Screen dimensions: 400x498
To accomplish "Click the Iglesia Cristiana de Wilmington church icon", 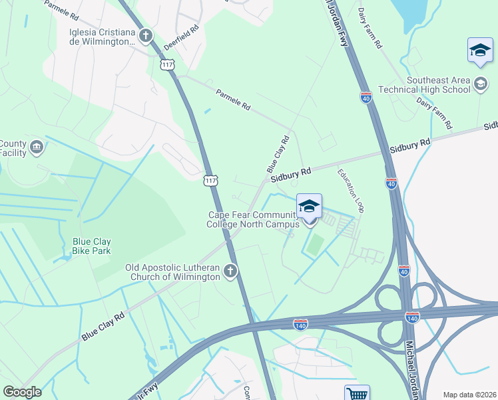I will point(146,36).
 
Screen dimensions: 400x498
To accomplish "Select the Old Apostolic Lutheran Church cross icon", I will point(230,271).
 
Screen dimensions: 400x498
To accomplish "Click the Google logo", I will point(22,391).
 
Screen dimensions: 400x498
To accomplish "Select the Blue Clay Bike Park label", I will point(92,246).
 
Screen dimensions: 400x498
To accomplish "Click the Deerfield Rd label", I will point(181,39).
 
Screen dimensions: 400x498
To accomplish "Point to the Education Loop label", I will point(350,191).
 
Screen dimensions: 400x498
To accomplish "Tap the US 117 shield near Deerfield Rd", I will point(166,63).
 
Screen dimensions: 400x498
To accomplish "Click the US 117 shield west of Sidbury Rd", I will point(210,181).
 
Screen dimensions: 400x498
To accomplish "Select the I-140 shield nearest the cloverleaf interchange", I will point(412,318).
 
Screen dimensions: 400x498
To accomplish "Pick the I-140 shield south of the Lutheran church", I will point(300,324).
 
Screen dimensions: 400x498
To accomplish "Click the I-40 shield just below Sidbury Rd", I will point(391,183).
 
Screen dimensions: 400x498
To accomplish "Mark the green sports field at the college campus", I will point(316,245).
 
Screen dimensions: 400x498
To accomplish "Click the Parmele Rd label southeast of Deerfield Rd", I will point(233,101).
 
